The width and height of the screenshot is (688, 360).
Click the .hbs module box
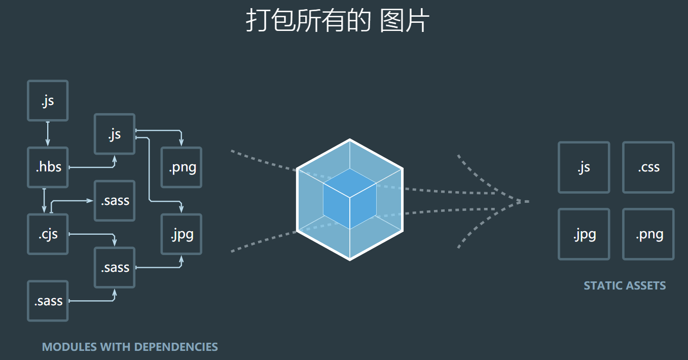(x=48, y=167)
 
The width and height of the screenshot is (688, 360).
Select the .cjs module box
(x=48, y=234)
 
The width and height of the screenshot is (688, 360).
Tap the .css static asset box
(x=648, y=167)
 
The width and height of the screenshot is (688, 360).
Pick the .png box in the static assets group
(x=648, y=234)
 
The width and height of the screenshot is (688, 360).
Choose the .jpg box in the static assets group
(x=584, y=234)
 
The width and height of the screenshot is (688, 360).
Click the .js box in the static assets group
(x=584, y=167)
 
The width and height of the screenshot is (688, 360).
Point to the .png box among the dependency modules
(x=182, y=167)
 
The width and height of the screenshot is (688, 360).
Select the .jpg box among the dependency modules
(x=182, y=234)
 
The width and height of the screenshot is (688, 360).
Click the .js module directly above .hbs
(x=48, y=101)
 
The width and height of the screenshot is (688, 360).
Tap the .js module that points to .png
(x=115, y=134)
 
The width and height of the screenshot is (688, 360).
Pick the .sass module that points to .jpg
(x=115, y=268)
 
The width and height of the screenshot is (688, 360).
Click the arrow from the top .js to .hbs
(x=48, y=134)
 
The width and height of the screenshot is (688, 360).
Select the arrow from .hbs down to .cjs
(x=45, y=201)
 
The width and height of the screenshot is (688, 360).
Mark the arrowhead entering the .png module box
(x=182, y=142)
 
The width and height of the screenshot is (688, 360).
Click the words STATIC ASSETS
(x=625, y=285)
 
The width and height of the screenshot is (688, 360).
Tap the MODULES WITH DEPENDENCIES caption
(x=130, y=347)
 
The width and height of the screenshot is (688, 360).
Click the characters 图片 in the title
(x=405, y=22)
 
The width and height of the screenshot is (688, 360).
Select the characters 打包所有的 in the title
(x=308, y=22)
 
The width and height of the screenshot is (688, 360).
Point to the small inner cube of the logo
(x=350, y=199)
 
